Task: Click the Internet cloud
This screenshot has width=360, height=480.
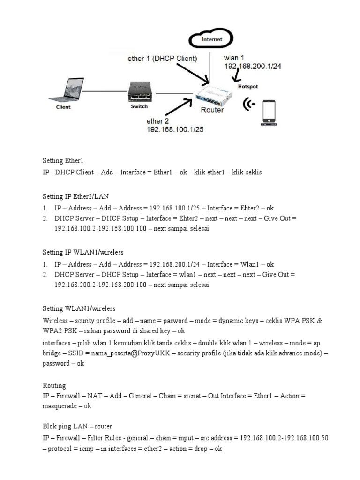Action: coord(212,39)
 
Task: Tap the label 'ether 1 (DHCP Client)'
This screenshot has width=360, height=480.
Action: coord(162,59)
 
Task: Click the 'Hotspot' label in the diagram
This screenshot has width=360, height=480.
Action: coord(247,87)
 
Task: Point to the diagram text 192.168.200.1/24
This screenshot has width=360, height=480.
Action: coord(253,67)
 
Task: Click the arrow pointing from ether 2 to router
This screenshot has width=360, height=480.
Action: coord(178,107)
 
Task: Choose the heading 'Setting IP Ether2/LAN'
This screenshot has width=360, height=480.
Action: coord(75,196)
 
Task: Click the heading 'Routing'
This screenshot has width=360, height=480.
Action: coord(54,386)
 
